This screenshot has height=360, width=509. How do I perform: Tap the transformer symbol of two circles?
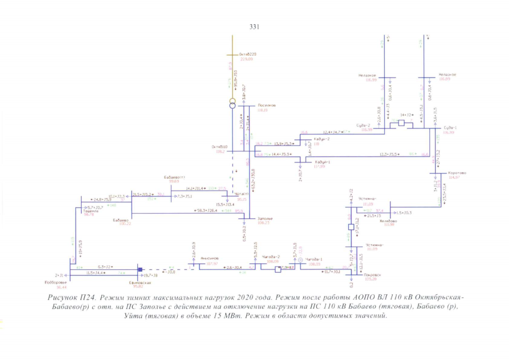point(232,104)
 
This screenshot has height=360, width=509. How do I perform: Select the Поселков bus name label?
point(265,105)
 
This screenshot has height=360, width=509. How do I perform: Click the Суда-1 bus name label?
point(450,127)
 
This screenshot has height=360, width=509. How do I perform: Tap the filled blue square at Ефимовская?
point(141,269)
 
